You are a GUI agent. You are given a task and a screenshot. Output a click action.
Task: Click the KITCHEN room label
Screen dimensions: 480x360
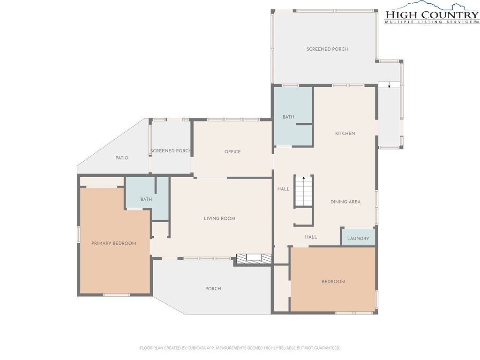345,134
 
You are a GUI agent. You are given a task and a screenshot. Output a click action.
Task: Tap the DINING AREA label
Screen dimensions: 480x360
345,202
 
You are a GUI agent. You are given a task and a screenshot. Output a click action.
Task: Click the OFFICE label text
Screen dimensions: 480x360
232,152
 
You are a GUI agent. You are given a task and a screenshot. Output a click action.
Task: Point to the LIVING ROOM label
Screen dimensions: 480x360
219,218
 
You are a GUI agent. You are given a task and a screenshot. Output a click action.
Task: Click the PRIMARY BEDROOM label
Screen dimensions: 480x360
113,243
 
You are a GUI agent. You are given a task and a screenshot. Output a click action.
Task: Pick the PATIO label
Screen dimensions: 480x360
122,158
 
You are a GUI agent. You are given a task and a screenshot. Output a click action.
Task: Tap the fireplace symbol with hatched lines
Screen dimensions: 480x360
254,258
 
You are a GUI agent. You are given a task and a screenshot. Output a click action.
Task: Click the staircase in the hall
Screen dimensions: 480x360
304,191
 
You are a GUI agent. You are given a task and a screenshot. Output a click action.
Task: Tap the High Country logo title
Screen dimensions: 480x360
432,15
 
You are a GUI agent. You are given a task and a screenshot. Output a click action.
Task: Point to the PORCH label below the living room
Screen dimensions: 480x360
213,289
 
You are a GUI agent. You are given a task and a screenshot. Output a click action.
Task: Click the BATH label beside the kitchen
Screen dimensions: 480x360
288,117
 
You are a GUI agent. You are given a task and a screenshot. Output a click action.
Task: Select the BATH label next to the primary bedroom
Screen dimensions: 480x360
146,199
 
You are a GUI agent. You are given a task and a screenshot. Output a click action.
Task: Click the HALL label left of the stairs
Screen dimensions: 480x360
283,189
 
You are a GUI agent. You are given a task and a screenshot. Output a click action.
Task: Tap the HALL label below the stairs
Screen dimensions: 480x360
311,237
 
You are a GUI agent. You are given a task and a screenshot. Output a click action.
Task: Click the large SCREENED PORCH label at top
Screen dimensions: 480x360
327,49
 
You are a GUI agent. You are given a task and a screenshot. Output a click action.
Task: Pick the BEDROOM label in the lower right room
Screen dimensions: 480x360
333,282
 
